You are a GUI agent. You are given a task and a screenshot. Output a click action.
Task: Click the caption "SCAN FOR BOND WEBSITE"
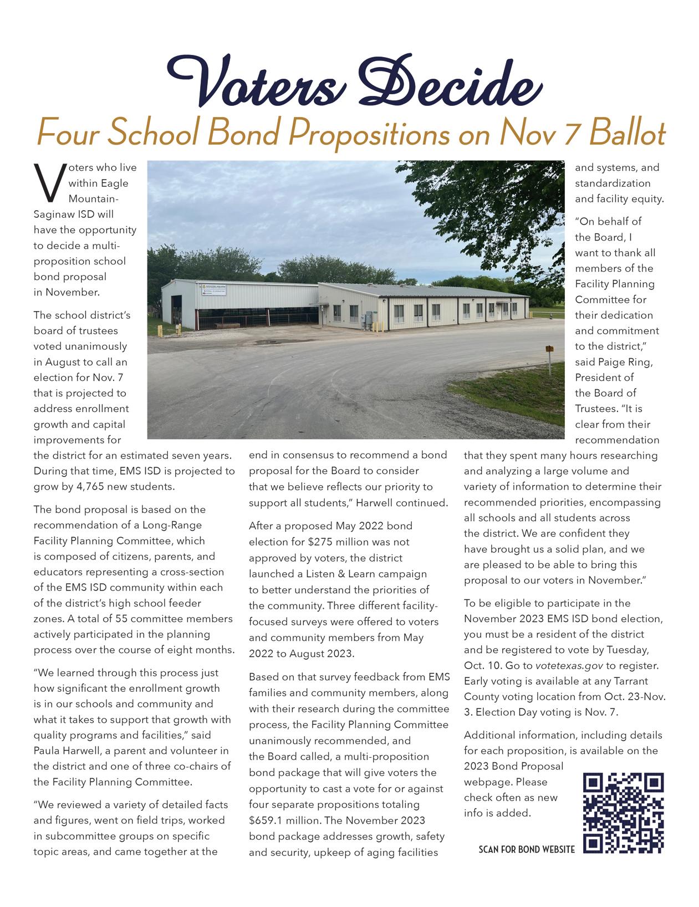click(526, 849)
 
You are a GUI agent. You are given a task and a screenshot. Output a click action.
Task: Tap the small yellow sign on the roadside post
click(549, 348)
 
